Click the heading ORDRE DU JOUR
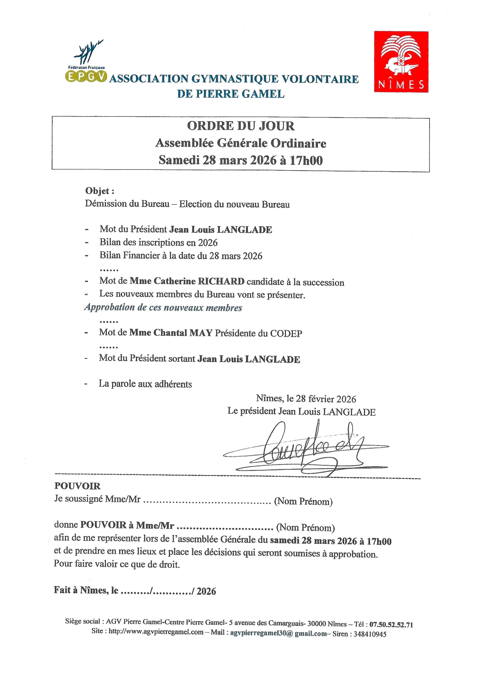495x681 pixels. [x=241, y=126]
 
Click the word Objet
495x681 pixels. [x=97, y=191]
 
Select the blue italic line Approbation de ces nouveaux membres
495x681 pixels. [x=163, y=308]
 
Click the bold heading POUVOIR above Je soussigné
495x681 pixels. [x=77, y=486]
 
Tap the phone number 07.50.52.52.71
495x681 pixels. [x=391, y=625]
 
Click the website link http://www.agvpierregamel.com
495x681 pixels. [x=156, y=631]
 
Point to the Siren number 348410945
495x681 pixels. [x=370, y=634]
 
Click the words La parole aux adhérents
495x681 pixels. [x=145, y=384]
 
